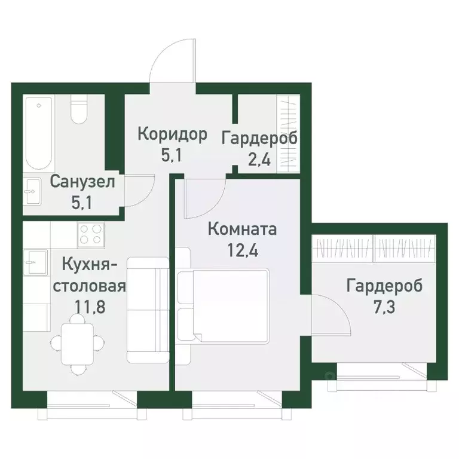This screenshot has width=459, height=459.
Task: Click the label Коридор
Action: [x=172, y=134]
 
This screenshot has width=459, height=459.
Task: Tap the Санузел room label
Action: [x=79, y=181]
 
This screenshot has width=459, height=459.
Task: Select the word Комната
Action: [x=241, y=229]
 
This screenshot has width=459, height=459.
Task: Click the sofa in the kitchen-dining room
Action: [x=148, y=310]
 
